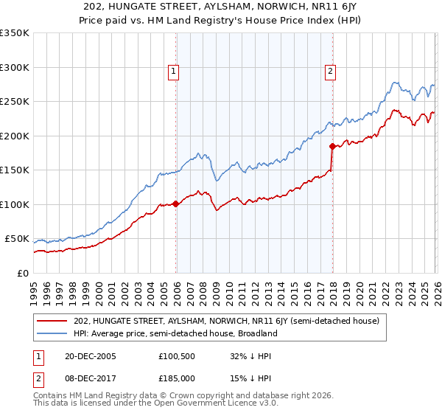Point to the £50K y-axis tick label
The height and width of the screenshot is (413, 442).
[x=16, y=239]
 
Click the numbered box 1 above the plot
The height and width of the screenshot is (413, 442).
[x=173, y=72]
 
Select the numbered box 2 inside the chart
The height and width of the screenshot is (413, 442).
[x=329, y=72]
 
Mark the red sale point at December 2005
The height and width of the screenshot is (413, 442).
[x=176, y=204]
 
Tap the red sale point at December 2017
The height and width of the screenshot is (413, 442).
[x=332, y=146]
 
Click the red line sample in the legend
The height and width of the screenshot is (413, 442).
[x=52, y=321]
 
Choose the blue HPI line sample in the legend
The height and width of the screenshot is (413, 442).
[x=52, y=333]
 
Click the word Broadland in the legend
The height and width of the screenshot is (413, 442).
[x=256, y=333]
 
